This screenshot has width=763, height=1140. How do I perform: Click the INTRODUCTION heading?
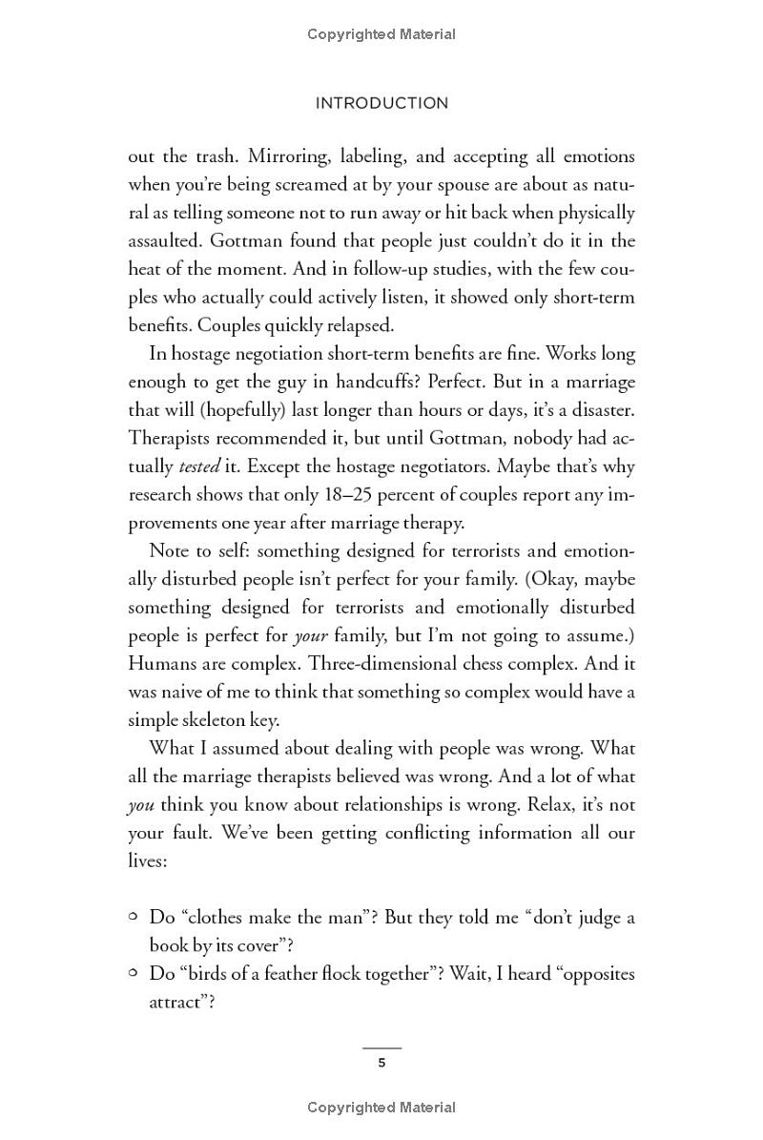click(381, 103)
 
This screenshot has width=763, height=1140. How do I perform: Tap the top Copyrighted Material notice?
click(381, 34)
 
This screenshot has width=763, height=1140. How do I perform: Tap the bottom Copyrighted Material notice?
click(381, 1108)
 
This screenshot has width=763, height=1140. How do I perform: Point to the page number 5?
click(381, 1063)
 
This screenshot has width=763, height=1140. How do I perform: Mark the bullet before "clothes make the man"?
click(134, 917)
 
